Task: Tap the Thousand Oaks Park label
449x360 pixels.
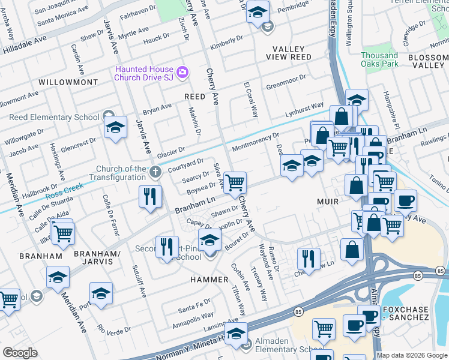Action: click(x=379, y=59)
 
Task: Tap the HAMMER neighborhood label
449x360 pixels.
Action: click(x=210, y=280)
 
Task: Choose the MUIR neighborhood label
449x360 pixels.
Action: click(x=328, y=202)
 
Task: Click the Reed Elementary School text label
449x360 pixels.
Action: click(x=54, y=118)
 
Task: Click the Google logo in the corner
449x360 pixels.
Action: click(x=20, y=353)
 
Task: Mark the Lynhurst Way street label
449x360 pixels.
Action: click(x=304, y=110)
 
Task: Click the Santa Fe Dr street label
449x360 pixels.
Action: click(x=193, y=308)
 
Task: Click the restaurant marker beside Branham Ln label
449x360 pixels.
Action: click(x=149, y=197)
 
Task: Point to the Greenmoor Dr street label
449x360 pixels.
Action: click(x=286, y=81)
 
